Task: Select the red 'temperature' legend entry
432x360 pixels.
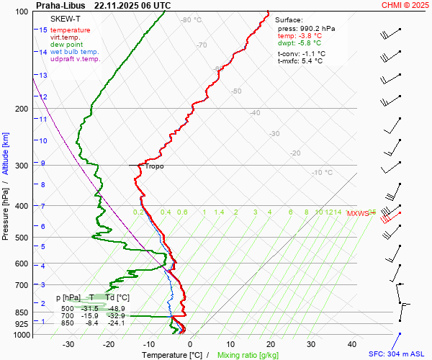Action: [x=71, y=30]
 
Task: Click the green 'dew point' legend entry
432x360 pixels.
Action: [x=66, y=45]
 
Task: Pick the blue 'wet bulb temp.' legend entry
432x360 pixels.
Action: [x=74, y=52]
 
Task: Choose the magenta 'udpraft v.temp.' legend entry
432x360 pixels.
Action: [x=75, y=59]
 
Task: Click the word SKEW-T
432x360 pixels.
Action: [x=66, y=18]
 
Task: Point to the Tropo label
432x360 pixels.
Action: [x=154, y=166]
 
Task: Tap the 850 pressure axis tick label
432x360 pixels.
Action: [x=21, y=312]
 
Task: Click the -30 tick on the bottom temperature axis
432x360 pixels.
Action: [x=68, y=344]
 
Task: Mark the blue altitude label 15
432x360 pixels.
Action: [x=43, y=30]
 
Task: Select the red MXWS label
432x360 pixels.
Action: [x=357, y=213]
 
